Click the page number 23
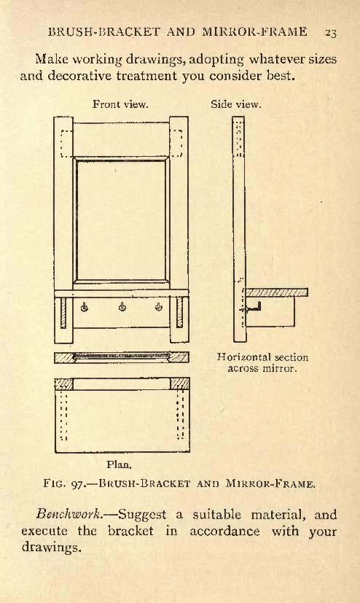pos(330,33)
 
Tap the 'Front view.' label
pos(120,104)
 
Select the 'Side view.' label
pos(236,104)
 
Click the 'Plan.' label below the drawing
pos(119,464)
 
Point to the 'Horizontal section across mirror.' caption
pos(262,362)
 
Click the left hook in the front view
pos(84,307)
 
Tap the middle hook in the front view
pos(122,307)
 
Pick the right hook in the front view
pos(159,307)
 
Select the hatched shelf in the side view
pos(277,292)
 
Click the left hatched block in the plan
pos(64,384)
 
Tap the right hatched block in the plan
pos(179,384)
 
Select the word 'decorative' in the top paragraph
pos(79,75)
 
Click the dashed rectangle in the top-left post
pos(66,144)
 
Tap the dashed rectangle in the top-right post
pos(176,144)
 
